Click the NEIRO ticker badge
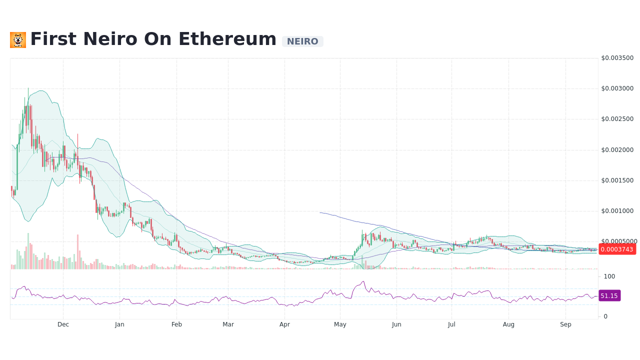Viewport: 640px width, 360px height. [302, 41]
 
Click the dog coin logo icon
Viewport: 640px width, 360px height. [18, 40]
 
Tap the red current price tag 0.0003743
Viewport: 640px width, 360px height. [617, 249]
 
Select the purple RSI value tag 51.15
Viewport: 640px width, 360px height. [609, 295]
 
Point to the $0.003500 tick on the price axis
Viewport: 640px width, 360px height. [617, 58]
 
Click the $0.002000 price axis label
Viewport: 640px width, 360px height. [617, 150]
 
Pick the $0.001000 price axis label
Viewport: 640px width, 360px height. [617, 211]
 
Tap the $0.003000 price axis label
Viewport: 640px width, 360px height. [617, 88]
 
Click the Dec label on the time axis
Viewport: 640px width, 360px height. [63, 324]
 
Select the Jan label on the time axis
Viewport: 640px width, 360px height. [119, 324]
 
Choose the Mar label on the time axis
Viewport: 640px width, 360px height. [228, 324]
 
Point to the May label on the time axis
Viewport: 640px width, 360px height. [340, 324]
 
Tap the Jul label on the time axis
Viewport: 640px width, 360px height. [451, 324]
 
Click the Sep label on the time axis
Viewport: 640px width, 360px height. [565, 324]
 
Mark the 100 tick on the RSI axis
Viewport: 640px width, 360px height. [609, 276]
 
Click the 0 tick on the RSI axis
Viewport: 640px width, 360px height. [605, 316]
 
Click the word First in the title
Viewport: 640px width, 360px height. [53, 39]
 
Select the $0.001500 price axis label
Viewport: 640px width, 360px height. [617, 180]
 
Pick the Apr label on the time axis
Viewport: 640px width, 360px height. [284, 324]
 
